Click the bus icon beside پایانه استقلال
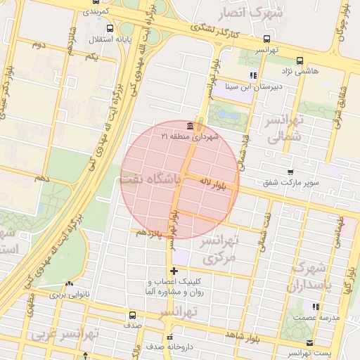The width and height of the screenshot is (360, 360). pyautogui.click(x=109, y=29)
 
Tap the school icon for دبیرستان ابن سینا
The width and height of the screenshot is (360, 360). pyautogui.click(x=252, y=75)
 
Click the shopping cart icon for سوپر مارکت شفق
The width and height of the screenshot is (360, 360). pyautogui.click(x=290, y=172)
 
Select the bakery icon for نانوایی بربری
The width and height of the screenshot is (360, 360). pyautogui.click(x=69, y=283)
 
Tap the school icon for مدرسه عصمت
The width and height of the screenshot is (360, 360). pyautogui.click(x=316, y=307)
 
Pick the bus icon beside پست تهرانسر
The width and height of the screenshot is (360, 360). pyautogui.click(x=310, y=342)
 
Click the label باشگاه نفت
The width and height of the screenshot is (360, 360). pyautogui.click(x=151, y=179)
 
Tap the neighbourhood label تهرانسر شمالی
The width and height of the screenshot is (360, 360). pyautogui.click(x=282, y=129)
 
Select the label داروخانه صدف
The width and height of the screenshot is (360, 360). pyautogui.click(x=169, y=347)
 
